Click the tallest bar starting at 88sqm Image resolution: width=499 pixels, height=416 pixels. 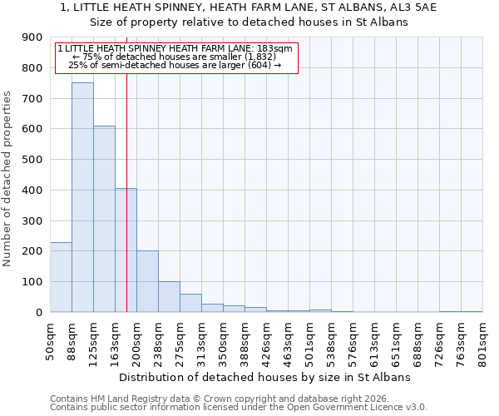tap(82, 197)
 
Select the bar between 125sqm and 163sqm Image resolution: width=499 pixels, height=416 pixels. tap(104, 219)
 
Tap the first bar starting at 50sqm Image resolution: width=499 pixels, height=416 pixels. tap(61, 277)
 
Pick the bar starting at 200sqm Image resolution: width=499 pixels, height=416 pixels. tap(147, 281)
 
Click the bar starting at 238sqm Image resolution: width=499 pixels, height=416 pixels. tap(169, 297)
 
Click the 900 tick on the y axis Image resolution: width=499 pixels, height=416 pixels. tap(33, 37)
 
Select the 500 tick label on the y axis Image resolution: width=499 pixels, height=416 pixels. tap(33, 160)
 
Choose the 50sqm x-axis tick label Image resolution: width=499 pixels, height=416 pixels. tap(50, 339)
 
